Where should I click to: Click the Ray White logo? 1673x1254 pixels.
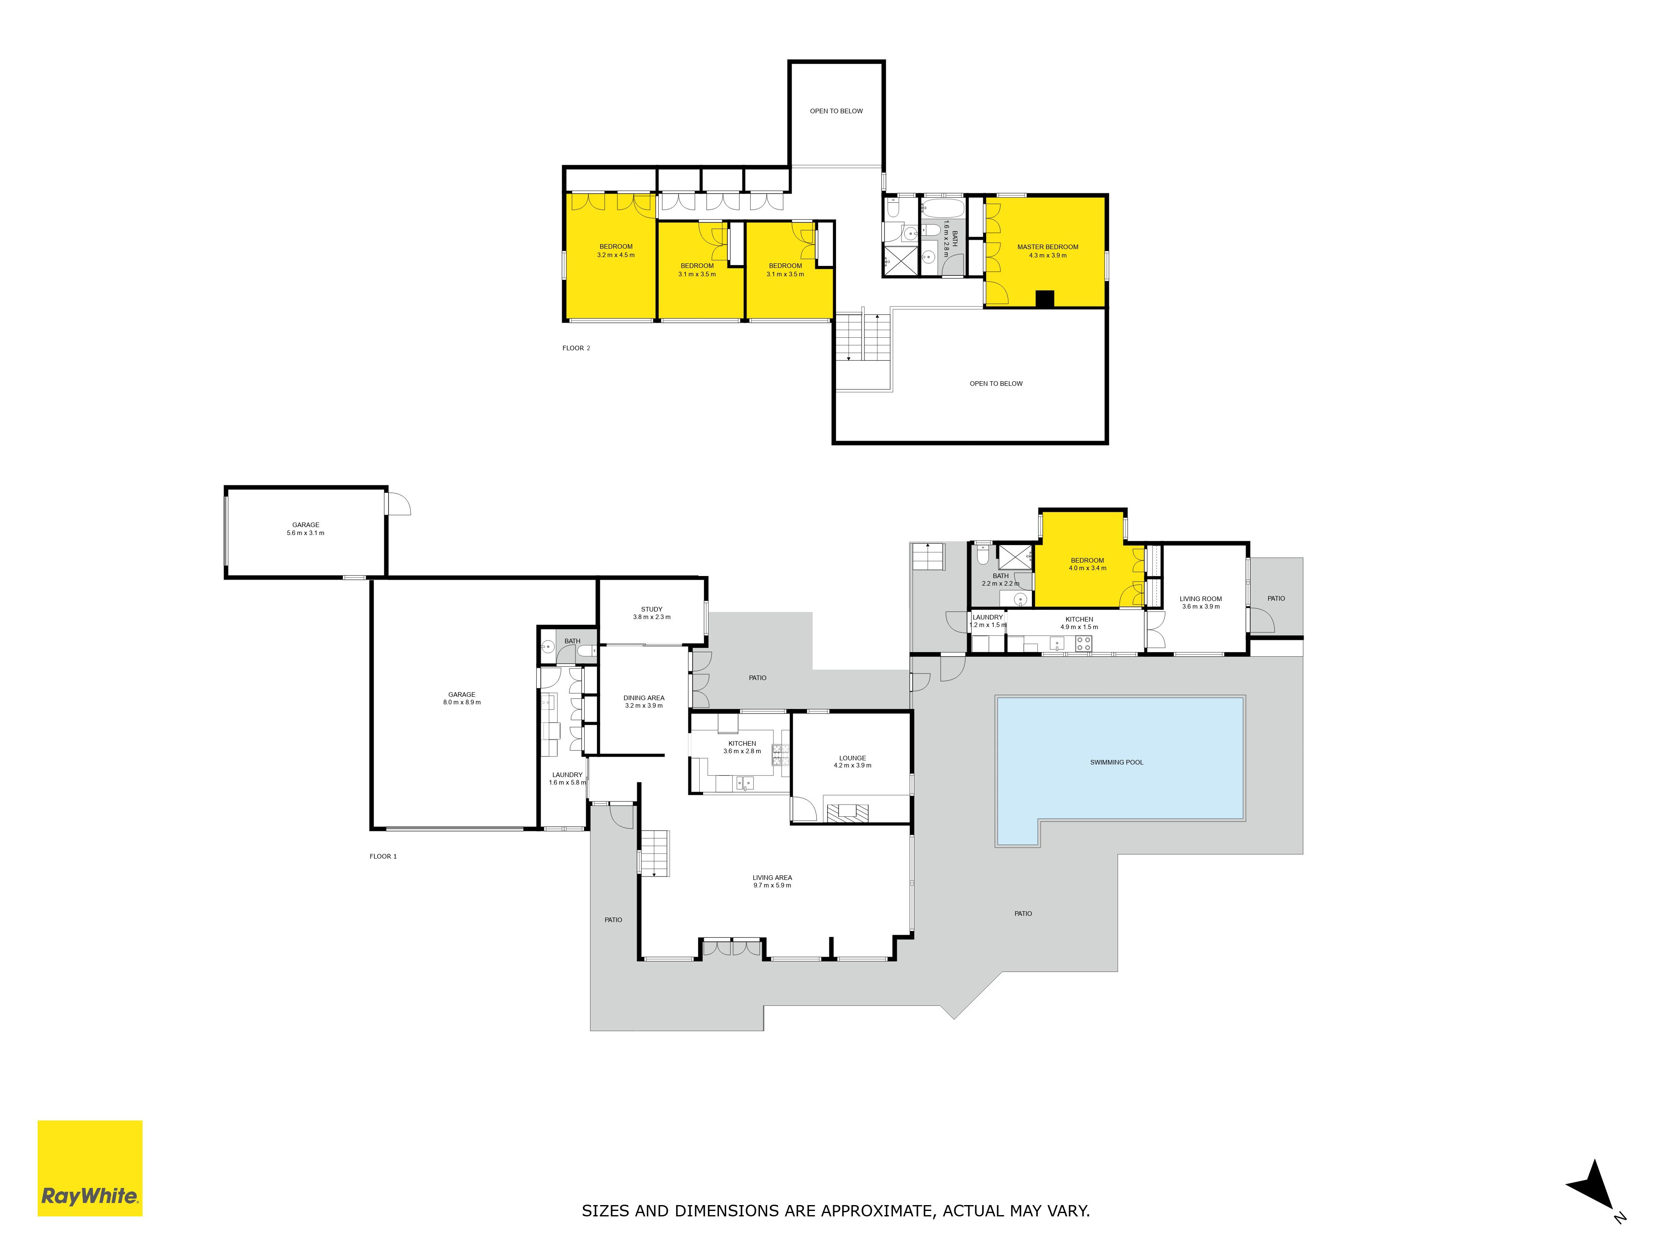90,1168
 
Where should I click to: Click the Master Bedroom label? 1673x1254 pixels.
1048,251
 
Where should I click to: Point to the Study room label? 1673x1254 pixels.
651,613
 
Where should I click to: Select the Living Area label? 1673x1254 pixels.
772,881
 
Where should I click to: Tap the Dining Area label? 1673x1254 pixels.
644,701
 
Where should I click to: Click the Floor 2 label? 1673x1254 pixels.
576,349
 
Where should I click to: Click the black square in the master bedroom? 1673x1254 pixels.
1044,299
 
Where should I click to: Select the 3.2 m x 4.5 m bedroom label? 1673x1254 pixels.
616,251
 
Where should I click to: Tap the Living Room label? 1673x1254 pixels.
1200,602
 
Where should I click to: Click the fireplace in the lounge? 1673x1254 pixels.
847,813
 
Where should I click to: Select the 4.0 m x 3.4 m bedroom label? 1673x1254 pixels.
1087,564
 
